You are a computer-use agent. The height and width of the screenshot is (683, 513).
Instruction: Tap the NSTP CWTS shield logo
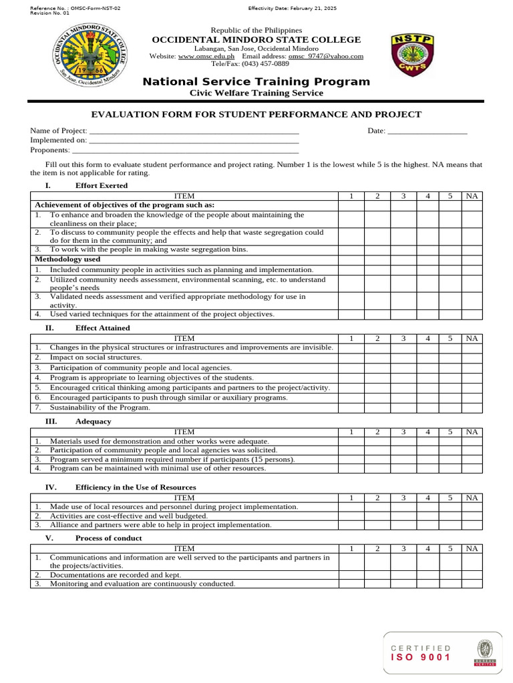pos(412,55)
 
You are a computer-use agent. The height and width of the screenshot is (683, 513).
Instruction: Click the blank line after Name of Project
pos(194,131)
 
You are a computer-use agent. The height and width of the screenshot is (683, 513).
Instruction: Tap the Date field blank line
pos(427,131)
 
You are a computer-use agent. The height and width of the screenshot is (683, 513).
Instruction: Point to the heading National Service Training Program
pos(256,81)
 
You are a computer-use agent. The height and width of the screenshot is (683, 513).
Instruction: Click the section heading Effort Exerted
pos(101,185)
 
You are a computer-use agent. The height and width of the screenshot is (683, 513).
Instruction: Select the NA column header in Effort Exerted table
pos(472,195)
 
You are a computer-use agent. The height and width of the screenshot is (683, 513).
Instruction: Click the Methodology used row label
pos(67,259)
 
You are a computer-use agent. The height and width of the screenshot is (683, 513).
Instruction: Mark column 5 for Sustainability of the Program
pos(450,408)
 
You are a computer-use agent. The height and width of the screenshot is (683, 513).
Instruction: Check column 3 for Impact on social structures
pos(403,358)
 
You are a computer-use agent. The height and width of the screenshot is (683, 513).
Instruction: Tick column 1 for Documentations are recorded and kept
pos(351,574)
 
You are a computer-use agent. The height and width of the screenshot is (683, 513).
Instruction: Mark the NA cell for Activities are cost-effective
pos(472,516)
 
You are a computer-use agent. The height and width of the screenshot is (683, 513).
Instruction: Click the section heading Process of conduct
pos(108,538)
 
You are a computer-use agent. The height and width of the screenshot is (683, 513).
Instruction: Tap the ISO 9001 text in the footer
pos(421,658)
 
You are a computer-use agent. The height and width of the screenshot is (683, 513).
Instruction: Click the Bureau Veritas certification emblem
pos(484,652)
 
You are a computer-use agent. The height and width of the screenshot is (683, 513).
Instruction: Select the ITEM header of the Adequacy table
pos(184,432)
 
